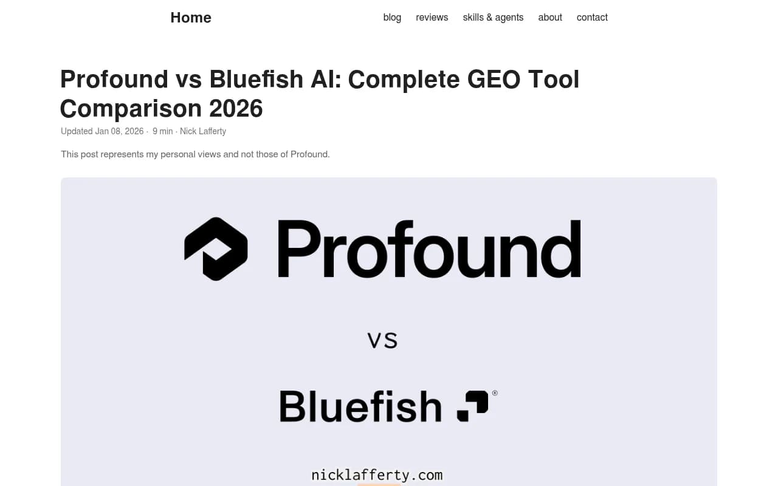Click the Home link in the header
(191, 18)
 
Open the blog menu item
(392, 18)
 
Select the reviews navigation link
(432, 18)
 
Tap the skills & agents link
(493, 18)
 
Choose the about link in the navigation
(550, 18)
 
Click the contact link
(592, 18)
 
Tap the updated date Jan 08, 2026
(119, 131)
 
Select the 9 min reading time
(163, 131)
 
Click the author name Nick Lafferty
(203, 131)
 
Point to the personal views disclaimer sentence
(195, 154)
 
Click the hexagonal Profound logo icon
(216, 249)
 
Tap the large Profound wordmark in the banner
(429, 249)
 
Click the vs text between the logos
(382, 340)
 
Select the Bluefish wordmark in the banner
(360, 406)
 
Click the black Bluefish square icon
(473, 406)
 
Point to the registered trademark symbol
(495, 393)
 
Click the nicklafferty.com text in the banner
(377, 475)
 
